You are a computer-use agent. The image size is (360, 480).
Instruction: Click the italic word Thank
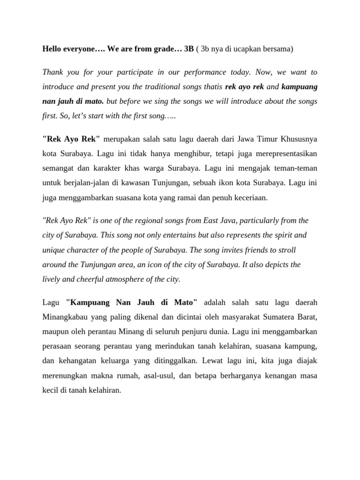coord(52,72)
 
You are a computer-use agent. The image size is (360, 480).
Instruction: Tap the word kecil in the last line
coord(51,390)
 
